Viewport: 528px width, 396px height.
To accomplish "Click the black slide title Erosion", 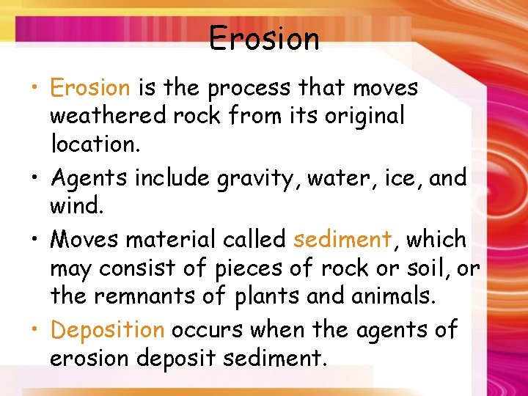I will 264,38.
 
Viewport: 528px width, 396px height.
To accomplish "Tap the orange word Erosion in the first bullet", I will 89,88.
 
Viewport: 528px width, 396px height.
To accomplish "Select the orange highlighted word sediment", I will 342,239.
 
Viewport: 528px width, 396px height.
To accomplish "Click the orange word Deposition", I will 107,331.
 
